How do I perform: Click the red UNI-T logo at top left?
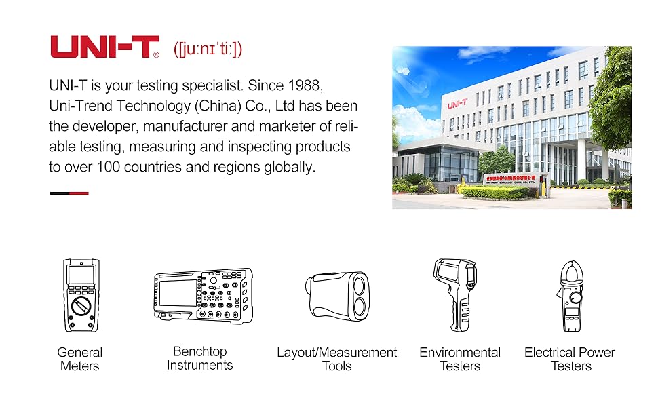point(104,47)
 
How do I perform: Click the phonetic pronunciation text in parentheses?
point(208,49)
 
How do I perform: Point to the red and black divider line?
point(69,193)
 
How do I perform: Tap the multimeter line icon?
point(81,295)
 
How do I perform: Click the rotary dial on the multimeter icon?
point(81,305)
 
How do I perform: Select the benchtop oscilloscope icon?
point(203,295)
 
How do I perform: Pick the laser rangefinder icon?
point(337,295)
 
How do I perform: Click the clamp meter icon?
point(571,296)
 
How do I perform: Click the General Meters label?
point(80,360)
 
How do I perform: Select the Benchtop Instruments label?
point(199,358)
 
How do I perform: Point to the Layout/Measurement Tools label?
point(336,360)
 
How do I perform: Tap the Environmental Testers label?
point(459,360)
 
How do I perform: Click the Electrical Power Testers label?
point(569,360)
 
